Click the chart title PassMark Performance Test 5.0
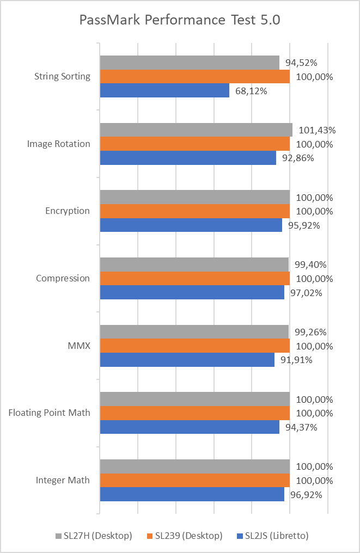click(180, 21)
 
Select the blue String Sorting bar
click(164, 90)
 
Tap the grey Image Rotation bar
click(196, 130)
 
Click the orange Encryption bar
click(194, 211)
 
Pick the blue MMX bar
click(187, 360)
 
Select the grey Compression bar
click(194, 265)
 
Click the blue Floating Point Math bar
click(190, 427)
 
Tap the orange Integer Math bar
click(194, 481)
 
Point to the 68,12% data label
click(251, 91)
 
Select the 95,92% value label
click(304, 225)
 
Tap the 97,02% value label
click(306, 292)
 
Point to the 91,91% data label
click(296, 360)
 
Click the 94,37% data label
click(301, 427)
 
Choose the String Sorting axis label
click(62, 76)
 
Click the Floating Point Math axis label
click(50, 413)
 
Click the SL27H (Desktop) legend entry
click(94, 536)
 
